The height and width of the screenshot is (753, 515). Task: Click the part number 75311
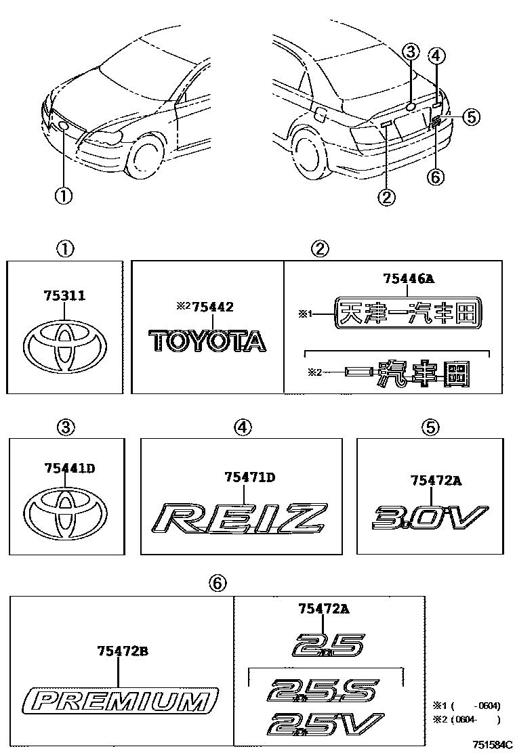(64, 296)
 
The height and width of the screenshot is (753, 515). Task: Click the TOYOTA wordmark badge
(207, 341)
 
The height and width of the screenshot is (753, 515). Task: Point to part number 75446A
(408, 278)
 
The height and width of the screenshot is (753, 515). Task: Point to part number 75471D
(249, 477)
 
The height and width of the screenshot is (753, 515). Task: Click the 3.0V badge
(430, 518)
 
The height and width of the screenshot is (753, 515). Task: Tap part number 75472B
(122, 651)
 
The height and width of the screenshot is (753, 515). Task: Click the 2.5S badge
(322, 692)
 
